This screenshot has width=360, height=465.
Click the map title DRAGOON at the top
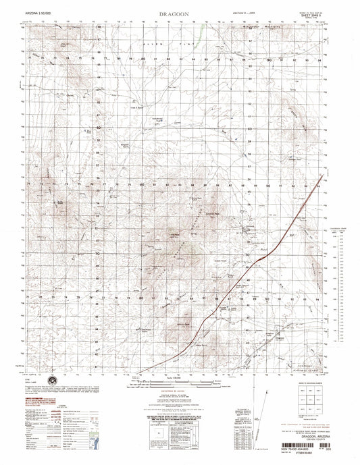[179, 12]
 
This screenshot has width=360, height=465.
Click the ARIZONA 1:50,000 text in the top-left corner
[36, 13]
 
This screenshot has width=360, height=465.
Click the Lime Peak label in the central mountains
[173, 235]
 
